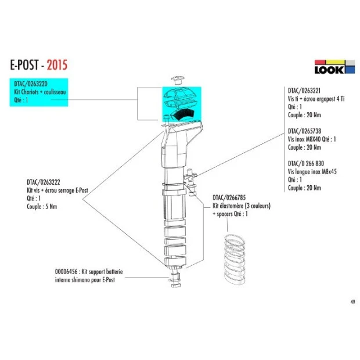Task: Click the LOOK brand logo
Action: (x=334, y=67)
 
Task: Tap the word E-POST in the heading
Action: (x=27, y=63)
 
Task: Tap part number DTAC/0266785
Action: (x=231, y=198)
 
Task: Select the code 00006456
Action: (x=62, y=271)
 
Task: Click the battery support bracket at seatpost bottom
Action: (x=176, y=282)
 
